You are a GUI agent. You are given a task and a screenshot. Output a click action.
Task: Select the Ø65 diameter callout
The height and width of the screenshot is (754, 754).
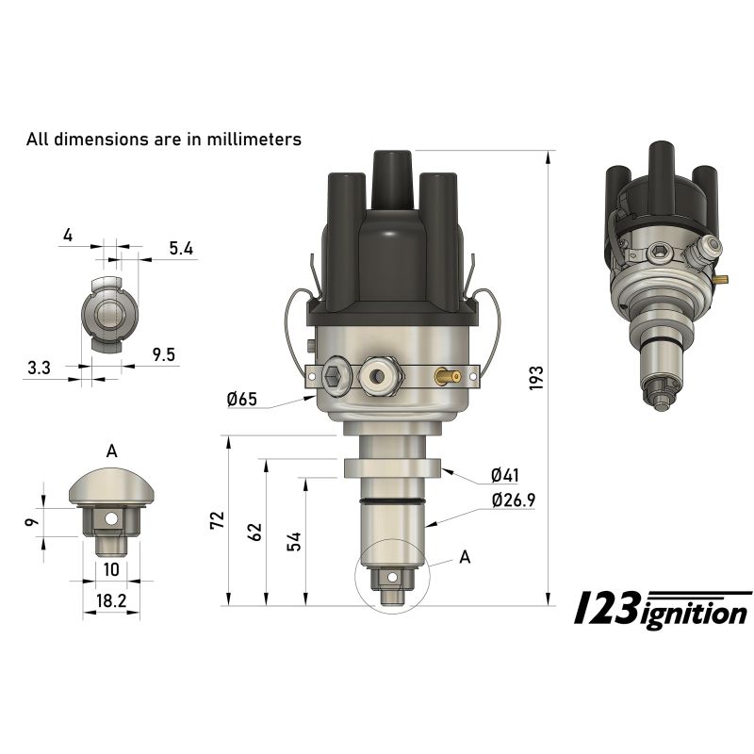point(242,400)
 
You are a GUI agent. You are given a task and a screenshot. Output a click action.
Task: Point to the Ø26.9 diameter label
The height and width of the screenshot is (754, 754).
point(513,500)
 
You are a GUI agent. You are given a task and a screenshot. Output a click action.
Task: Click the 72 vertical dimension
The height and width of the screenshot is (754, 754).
point(218,520)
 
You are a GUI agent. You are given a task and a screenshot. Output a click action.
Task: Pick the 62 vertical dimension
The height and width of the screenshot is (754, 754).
point(255,533)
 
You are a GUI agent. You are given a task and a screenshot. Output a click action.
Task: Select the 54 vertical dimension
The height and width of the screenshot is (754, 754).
point(294,541)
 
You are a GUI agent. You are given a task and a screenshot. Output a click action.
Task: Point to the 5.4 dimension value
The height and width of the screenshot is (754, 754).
point(181,249)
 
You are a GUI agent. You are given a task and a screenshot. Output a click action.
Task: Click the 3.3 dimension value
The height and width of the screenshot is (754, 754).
point(39,369)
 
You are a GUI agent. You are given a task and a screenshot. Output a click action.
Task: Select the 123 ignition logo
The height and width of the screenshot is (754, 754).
point(663,610)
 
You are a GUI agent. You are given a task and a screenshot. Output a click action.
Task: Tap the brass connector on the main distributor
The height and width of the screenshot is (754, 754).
point(447,376)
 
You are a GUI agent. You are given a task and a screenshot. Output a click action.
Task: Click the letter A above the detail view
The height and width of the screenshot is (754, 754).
point(111,451)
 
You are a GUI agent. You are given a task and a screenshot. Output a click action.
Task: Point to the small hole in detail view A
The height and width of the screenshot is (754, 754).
point(111,518)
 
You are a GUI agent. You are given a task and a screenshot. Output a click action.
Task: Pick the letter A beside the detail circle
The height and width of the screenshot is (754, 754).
point(464,557)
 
